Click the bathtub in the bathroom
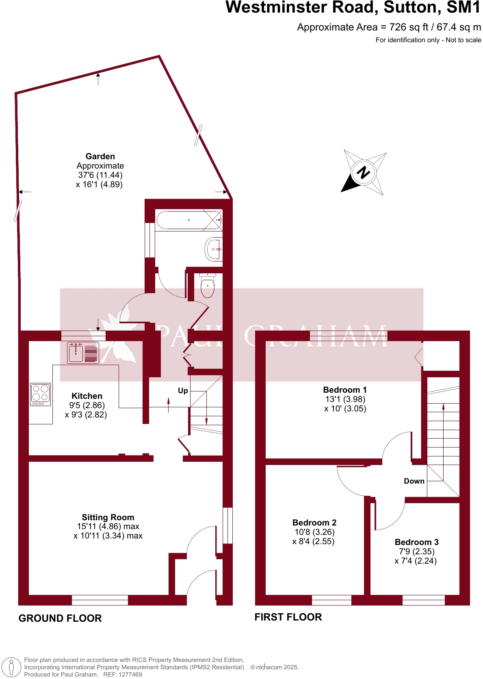pyautogui.click(x=189, y=220)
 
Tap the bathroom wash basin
pyautogui.click(x=214, y=249)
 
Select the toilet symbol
pyautogui.click(x=208, y=285)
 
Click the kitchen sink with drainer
pyautogui.click(x=83, y=352)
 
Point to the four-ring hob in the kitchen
pyautogui.click(x=41, y=394)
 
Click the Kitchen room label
pyautogui.click(x=87, y=396)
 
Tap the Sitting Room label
pyautogui.click(x=108, y=517)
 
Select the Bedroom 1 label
pyautogui.click(x=345, y=390)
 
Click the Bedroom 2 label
pyautogui.click(x=314, y=523)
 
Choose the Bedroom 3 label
pyautogui.click(x=416, y=542)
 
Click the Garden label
pyautogui.click(x=100, y=156)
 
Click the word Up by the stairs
pyautogui.click(x=183, y=391)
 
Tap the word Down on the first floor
pyautogui.click(x=414, y=481)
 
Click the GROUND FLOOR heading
pyautogui.click(x=60, y=618)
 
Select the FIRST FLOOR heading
pyautogui.click(x=288, y=617)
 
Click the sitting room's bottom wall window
pyautogui.click(x=100, y=600)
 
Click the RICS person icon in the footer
pyautogui.click(x=11, y=667)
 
